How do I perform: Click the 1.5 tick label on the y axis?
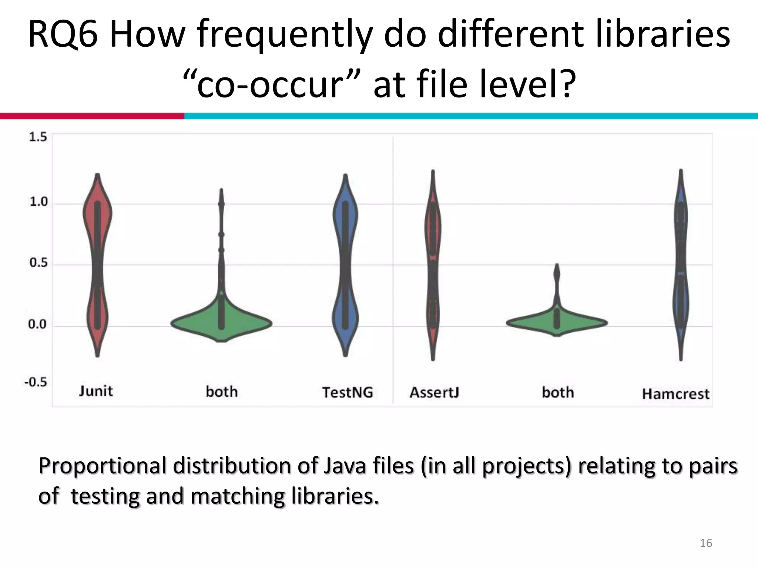tap(38, 137)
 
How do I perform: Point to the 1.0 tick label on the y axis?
tap(38, 202)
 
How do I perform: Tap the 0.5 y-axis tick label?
tap(38, 263)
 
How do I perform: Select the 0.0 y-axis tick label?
tap(38, 325)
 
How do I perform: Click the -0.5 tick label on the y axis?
tap(36, 382)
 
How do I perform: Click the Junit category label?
tap(96, 391)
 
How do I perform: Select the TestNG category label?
tap(348, 392)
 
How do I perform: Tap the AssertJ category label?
tap(434, 392)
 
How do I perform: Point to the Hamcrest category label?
tap(675, 394)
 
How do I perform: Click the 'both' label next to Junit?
tap(221, 392)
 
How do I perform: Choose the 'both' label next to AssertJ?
tap(558, 392)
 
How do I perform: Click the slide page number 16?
tap(706, 543)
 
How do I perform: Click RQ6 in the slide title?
tap(63, 35)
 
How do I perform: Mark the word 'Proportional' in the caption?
tap(102, 466)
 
